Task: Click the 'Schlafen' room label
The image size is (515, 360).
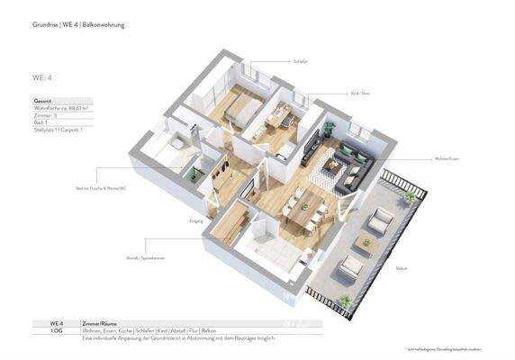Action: [x=301, y=62]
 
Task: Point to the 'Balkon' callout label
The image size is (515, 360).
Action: [x=402, y=268]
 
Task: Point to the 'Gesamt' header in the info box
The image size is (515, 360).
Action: [x=41, y=103]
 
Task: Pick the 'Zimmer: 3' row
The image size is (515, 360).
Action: [x=44, y=117]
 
